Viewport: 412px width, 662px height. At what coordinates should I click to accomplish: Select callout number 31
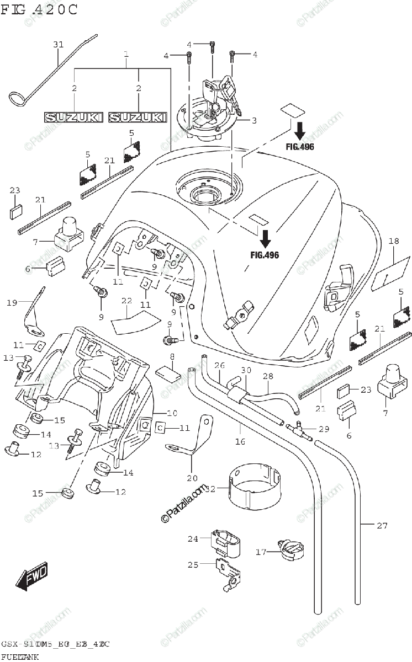59,44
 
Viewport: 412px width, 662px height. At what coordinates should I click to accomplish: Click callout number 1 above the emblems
126,55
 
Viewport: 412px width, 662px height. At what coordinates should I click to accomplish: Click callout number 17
261,551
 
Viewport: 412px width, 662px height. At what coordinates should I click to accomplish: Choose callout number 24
192,538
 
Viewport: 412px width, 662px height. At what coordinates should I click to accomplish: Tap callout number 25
192,564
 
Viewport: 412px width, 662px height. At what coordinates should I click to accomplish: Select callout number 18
393,241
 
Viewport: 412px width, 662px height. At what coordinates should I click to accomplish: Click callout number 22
126,301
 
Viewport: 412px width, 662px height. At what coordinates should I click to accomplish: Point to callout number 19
12,302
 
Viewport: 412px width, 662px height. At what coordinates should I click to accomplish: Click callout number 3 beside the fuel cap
254,120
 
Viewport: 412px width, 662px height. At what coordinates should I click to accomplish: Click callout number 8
172,357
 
